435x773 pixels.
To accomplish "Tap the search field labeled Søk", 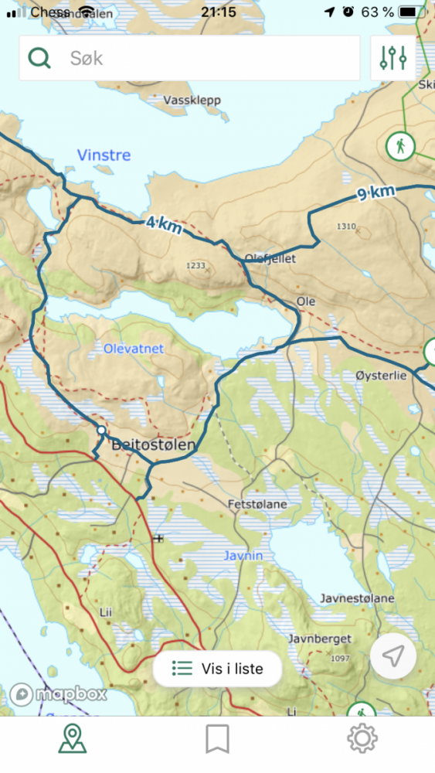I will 189,58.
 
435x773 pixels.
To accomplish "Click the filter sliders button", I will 393,58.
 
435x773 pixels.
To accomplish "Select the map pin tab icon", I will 73,739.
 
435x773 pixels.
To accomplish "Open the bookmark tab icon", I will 217,739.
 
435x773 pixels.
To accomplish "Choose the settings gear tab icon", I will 362,739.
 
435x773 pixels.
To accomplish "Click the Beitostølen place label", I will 154,445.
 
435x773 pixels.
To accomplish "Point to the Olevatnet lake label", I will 134,349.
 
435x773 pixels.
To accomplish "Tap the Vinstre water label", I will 104,155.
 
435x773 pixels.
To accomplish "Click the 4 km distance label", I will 164,225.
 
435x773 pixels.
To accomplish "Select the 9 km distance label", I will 376,193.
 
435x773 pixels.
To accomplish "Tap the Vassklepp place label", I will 192,100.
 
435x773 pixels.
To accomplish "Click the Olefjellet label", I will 270,259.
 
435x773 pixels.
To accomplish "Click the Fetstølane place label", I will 257,504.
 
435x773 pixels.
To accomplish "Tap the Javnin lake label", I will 243,555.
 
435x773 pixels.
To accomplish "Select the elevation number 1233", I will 196,266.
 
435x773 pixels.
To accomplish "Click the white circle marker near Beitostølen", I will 100,430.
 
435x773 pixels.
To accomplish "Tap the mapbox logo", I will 58,693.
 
